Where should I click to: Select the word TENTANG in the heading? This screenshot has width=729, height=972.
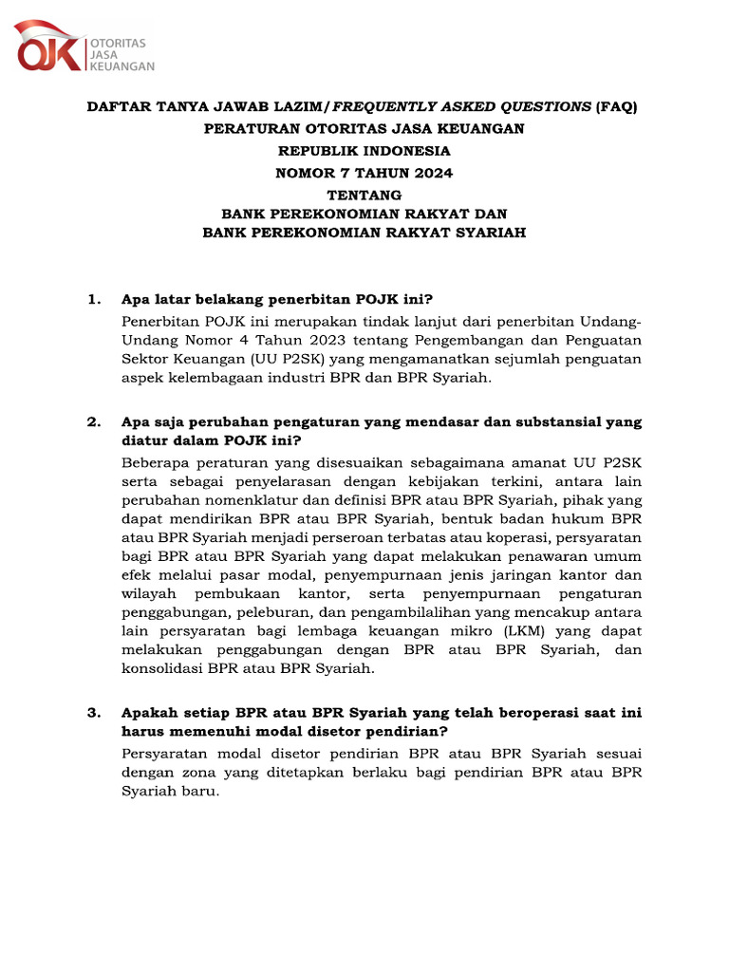364,194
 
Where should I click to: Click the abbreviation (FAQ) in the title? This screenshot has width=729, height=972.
617,107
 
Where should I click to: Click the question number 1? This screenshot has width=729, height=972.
93,300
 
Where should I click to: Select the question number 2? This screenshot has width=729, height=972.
93,422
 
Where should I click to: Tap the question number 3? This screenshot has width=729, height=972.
93,712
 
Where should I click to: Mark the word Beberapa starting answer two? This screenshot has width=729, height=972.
154,462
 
